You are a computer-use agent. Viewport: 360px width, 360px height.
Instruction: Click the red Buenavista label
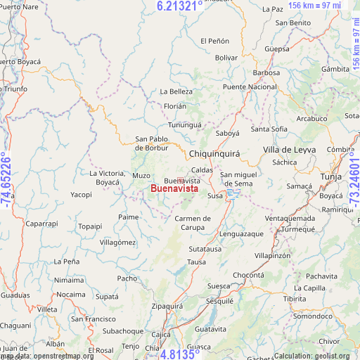click(x=174, y=189)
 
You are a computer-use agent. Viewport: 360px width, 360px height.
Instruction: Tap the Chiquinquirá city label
click(x=214, y=153)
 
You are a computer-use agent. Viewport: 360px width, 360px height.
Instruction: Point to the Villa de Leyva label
click(x=289, y=150)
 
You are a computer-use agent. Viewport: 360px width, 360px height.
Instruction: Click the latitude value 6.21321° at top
click(x=179, y=6)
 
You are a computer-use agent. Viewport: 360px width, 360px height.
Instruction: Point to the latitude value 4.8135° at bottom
click(x=181, y=354)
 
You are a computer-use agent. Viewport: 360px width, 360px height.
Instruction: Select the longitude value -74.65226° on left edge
click(x=6, y=179)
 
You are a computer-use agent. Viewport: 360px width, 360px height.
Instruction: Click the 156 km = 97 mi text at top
click(x=314, y=6)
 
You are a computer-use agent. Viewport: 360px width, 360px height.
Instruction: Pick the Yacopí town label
click(x=81, y=195)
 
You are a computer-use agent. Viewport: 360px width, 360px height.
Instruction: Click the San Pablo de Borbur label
click(x=151, y=143)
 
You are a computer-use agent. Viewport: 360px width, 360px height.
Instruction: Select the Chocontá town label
click(x=248, y=275)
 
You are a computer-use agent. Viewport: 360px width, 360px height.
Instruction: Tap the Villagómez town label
click(x=117, y=242)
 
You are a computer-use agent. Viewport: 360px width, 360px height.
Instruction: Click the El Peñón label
click(x=214, y=41)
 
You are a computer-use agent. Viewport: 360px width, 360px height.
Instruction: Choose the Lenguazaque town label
click(x=242, y=233)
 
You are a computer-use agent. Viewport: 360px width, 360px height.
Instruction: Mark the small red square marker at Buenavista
click(x=181, y=181)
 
